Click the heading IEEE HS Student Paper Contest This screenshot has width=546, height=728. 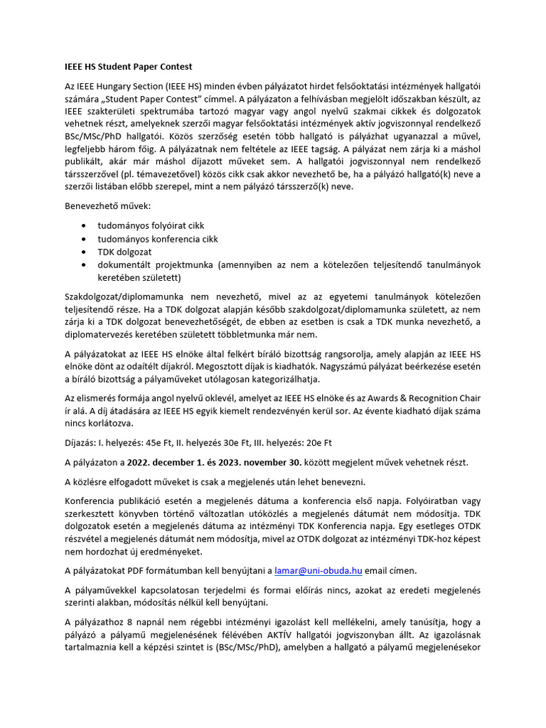pyautogui.click(x=128, y=68)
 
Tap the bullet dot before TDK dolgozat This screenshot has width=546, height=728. pyautogui.click(x=85, y=252)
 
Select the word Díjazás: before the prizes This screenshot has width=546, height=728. pyautogui.click(x=84, y=442)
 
